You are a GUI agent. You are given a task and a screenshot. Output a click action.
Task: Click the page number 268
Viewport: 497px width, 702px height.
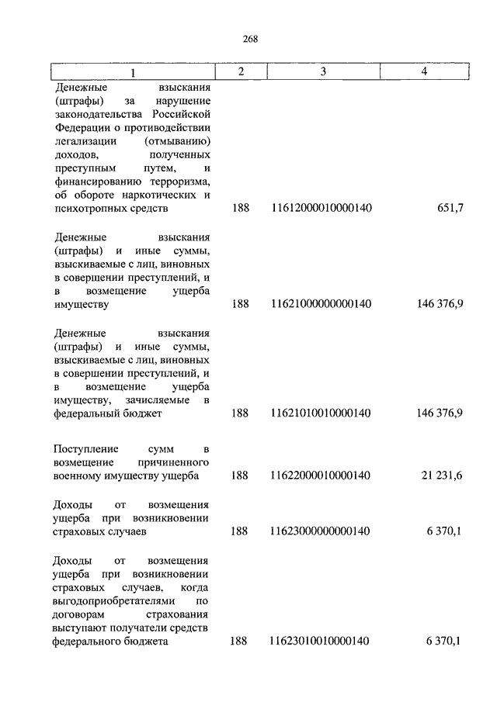[249, 40]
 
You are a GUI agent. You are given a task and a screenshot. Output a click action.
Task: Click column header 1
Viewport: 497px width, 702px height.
[132, 72]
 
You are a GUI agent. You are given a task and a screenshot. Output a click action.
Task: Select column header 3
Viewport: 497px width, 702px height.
[321, 71]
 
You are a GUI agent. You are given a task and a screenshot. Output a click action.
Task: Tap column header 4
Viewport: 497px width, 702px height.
[424, 71]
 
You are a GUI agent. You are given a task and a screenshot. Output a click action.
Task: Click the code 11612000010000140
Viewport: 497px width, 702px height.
[321, 209]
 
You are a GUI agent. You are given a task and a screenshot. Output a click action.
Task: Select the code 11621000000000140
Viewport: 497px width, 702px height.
[321, 304]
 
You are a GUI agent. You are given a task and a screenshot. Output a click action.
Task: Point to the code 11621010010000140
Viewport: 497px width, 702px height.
[321, 413]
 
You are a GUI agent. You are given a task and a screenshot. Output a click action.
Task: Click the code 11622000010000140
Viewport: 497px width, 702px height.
[321, 475]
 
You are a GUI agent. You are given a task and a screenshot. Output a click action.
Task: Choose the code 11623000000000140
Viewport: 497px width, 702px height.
[321, 531]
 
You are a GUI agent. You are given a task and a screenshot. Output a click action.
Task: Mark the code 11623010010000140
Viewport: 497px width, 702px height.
[321, 641]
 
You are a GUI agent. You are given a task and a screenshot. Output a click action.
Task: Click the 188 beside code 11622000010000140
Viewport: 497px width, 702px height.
[240, 475]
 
